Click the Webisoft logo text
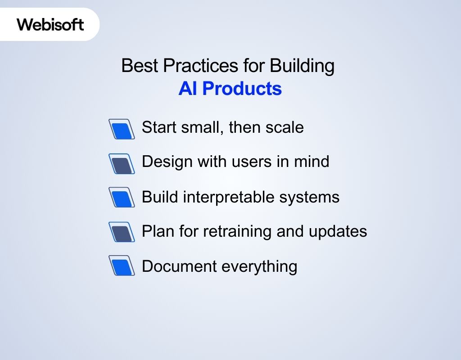click(50, 24)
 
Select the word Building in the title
click(302, 66)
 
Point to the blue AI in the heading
click(188, 89)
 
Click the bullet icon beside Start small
click(122, 129)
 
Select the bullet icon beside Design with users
click(122, 163)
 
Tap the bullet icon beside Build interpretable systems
click(122, 198)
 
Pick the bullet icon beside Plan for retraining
click(122, 232)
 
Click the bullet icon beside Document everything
click(122, 266)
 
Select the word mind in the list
click(312, 162)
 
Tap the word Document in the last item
click(178, 266)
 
